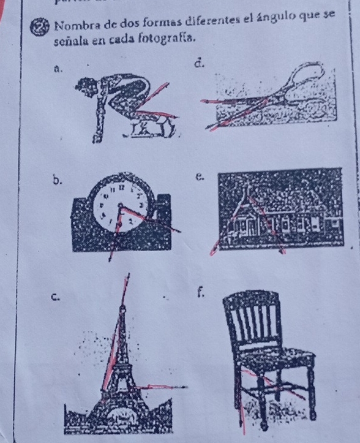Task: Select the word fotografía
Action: (x=167, y=38)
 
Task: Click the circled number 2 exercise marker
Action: (x=39, y=28)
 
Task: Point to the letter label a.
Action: (x=58, y=68)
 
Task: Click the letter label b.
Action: (x=57, y=180)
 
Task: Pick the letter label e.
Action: (x=200, y=177)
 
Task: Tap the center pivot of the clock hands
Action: (x=120, y=205)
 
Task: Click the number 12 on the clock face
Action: (x=122, y=187)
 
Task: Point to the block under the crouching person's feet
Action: (x=152, y=127)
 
